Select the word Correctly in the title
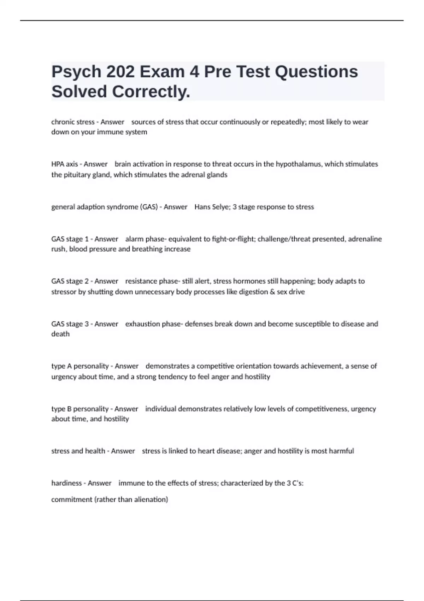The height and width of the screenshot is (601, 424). tap(151, 92)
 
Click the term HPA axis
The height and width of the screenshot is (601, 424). tap(65, 164)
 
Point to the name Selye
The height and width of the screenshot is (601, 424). tap(221, 207)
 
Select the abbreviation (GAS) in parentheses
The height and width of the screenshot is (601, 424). tap(149, 207)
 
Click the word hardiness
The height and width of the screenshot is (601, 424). tap(66, 483)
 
